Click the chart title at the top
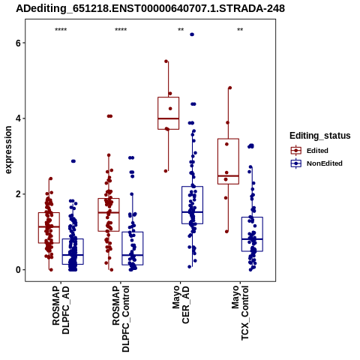pyautogui.click(x=150, y=9)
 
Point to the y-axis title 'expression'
pyautogui.click(x=8, y=150)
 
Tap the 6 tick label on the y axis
pyautogui.click(x=18, y=43)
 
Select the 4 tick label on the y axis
pyautogui.click(x=18, y=118)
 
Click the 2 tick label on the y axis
pyautogui.click(x=18, y=194)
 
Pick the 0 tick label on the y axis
pyautogui.click(x=18, y=270)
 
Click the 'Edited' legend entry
pyautogui.click(x=309, y=151)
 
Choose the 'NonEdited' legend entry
pyautogui.click(x=316, y=163)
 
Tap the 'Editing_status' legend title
pyautogui.click(x=320, y=136)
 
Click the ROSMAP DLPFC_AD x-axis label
pyautogui.click(x=61, y=310)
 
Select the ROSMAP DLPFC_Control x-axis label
pyautogui.click(x=121, y=319)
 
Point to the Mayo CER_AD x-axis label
pyautogui.click(x=181, y=304)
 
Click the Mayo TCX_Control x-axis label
pyautogui.click(x=240, y=313)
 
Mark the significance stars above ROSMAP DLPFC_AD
pyautogui.click(x=61, y=30)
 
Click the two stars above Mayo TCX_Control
pyautogui.click(x=240, y=30)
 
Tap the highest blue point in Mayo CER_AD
pyautogui.click(x=192, y=34)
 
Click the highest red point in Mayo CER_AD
pyautogui.click(x=166, y=61)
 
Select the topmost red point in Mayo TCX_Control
pyautogui.click(x=230, y=88)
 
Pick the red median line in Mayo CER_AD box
pyautogui.click(x=168, y=118)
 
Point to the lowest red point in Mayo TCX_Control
pyautogui.click(x=226, y=232)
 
